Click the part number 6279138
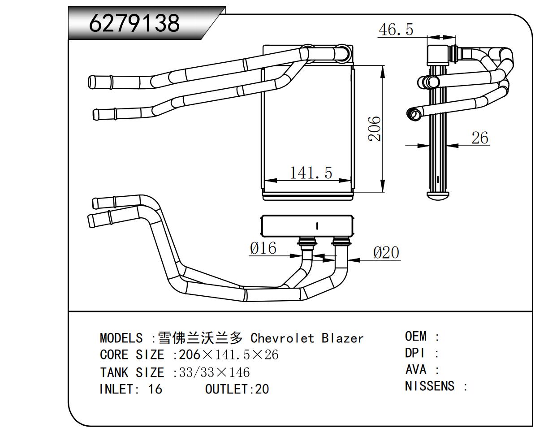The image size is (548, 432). point(134,22)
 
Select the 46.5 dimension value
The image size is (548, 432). point(396,30)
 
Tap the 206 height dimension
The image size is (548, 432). point(375,129)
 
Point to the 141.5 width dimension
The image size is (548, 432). point(311,172)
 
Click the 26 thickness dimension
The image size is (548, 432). point(479,138)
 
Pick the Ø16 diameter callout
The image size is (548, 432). point(263,248)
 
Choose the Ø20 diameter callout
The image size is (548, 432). point(386,253)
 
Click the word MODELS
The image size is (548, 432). point(121,338)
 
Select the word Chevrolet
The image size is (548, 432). point(282,338)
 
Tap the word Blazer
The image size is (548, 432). point(342,338)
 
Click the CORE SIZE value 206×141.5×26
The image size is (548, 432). point(229,355)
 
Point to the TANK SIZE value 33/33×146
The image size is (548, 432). point(214,372)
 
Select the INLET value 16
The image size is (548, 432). point(155,389)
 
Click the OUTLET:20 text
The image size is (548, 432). point(237,389)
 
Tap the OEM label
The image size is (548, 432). point(416,336)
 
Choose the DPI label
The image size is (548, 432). point(414,353)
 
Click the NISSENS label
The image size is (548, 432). point(430,386)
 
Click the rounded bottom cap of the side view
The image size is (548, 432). point(438,196)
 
